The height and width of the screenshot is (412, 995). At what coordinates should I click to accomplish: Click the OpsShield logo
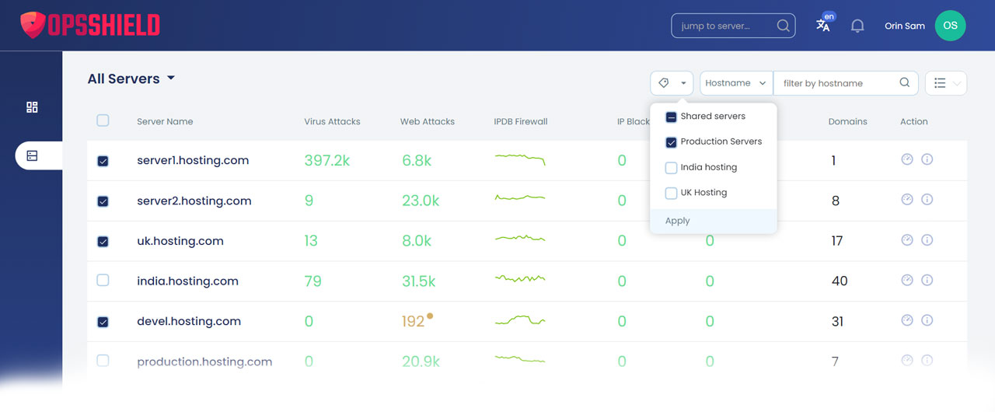(90, 25)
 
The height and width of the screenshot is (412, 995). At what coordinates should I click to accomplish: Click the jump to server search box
(733, 26)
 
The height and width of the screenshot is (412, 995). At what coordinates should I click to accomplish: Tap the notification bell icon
(857, 26)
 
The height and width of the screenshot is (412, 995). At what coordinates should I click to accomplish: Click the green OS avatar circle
(950, 26)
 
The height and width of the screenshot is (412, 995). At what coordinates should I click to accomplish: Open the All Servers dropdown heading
(131, 79)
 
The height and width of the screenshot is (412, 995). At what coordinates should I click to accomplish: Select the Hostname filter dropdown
(736, 83)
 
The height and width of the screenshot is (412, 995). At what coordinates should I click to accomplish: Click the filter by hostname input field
(846, 83)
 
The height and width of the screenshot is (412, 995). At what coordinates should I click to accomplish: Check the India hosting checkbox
(671, 167)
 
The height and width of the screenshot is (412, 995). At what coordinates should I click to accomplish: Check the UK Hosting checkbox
(671, 193)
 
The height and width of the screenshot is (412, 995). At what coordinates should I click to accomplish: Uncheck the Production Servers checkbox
(671, 142)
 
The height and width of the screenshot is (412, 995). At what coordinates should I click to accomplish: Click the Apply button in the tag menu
(677, 221)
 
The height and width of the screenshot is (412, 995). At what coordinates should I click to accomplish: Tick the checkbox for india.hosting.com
(103, 280)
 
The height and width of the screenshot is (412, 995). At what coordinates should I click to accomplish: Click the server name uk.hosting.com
(180, 241)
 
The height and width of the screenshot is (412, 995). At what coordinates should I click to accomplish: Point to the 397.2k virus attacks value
(327, 160)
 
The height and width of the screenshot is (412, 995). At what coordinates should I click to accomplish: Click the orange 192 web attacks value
(413, 321)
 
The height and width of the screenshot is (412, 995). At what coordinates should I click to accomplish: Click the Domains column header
(847, 121)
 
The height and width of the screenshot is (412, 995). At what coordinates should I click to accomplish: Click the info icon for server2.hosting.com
(927, 199)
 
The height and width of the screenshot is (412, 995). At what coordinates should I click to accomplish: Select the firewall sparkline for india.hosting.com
(520, 278)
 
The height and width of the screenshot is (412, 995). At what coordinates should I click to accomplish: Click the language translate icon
(822, 26)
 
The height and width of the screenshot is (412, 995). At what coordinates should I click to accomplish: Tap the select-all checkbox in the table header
(103, 120)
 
